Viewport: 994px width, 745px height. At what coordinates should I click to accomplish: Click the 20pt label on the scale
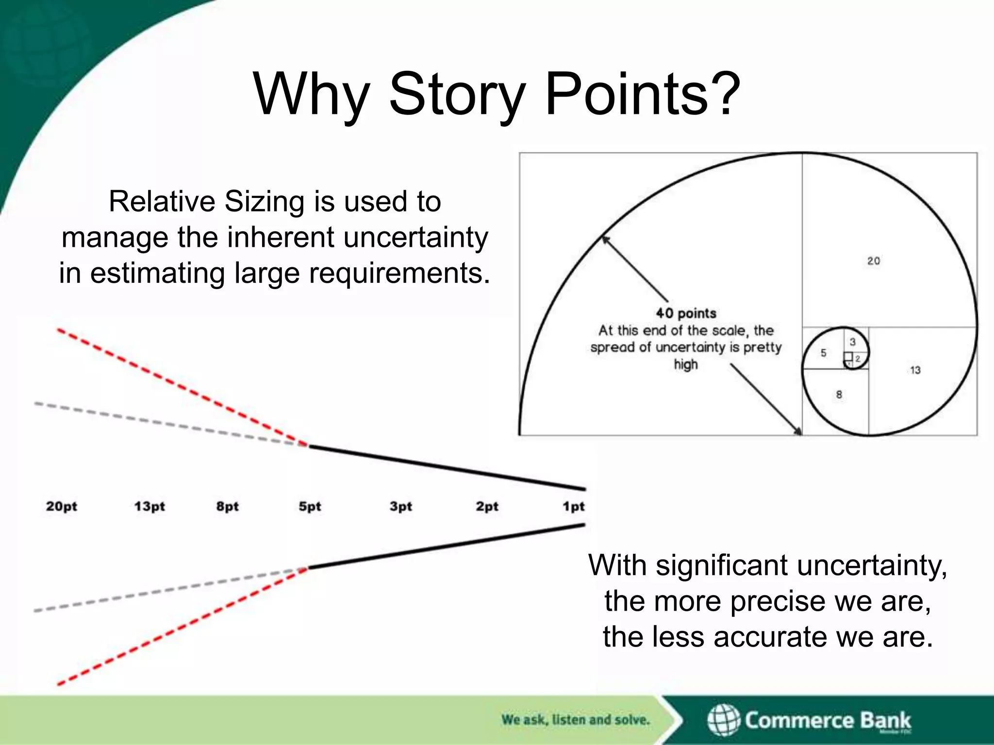(62, 506)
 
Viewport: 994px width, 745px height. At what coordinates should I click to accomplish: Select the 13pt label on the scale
(149, 506)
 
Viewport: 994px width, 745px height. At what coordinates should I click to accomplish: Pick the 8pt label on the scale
(227, 506)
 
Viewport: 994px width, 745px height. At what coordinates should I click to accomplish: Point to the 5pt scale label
(310, 506)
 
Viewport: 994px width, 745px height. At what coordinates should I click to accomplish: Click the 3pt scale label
(400, 506)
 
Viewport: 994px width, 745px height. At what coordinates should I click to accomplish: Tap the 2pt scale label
(487, 506)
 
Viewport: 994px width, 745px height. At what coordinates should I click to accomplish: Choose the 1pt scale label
(574, 506)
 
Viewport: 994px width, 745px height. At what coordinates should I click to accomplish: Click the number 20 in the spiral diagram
(874, 261)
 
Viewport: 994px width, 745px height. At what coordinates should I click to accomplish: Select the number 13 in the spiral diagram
(915, 371)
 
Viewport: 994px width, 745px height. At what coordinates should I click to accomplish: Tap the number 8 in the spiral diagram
(839, 395)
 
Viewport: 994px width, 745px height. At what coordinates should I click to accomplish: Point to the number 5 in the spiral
(823, 353)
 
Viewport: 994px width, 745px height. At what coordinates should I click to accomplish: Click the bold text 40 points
(686, 313)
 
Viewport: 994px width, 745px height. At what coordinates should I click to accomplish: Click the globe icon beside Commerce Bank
(723, 720)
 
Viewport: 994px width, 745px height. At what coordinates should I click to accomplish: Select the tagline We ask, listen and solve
(575, 720)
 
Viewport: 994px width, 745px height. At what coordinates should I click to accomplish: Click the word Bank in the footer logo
(885, 720)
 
